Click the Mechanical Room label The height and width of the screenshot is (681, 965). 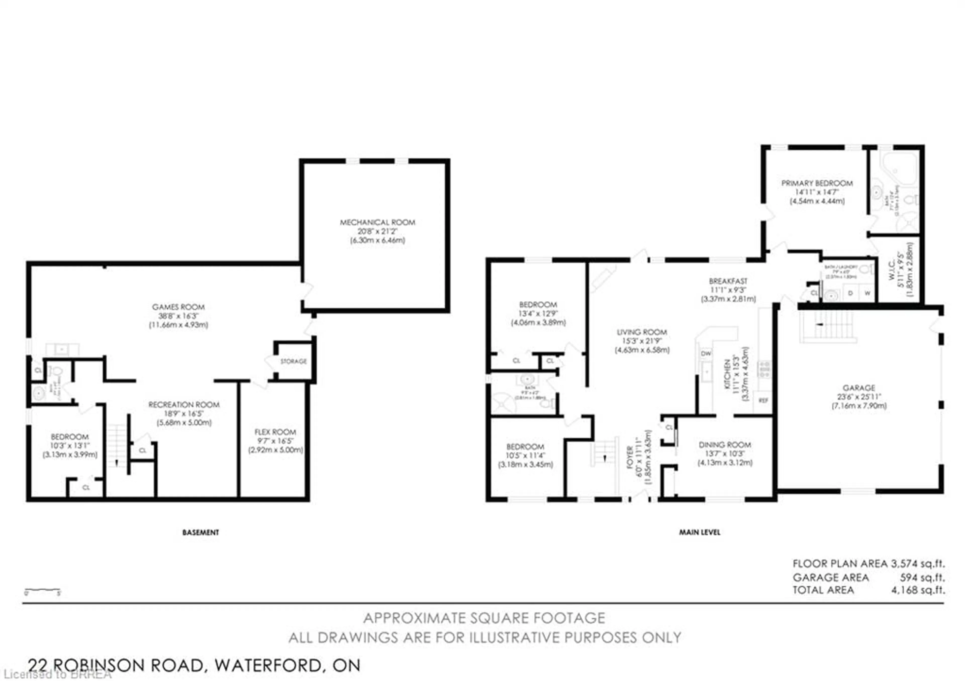click(377, 222)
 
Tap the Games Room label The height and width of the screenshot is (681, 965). click(178, 307)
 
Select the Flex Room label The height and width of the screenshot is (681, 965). click(275, 432)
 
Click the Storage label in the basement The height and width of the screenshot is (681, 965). click(293, 361)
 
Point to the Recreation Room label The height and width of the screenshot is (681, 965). click(184, 405)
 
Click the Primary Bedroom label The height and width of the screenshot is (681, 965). click(817, 183)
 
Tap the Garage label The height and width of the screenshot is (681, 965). click(859, 388)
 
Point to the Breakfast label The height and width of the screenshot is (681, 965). click(728, 281)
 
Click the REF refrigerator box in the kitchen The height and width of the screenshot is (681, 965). click(763, 400)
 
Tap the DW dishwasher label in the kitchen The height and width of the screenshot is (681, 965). click(706, 353)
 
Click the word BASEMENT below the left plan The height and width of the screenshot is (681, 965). click(201, 532)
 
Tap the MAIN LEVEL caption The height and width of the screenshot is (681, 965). click(699, 532)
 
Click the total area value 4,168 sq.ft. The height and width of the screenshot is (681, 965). click(918, 590)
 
